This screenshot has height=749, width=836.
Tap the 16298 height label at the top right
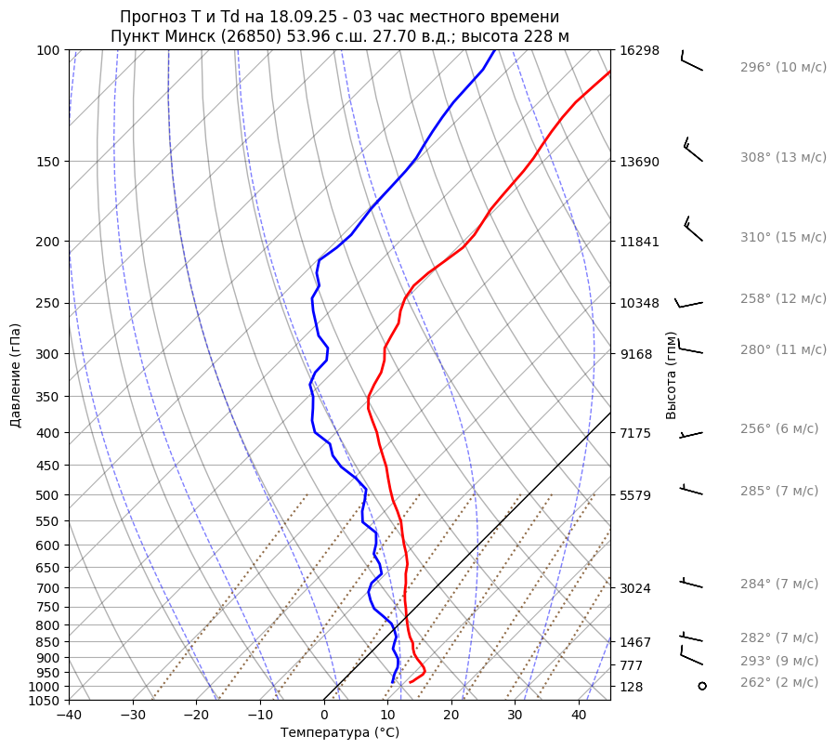tap(639, 50)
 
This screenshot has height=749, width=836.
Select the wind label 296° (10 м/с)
tap(783, 67)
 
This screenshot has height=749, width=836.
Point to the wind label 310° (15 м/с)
tap(783, 237)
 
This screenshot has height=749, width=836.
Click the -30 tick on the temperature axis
tap(133, 715)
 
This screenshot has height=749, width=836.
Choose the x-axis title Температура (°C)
tap(340, 732)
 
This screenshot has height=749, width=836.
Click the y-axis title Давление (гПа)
tap(16, 375)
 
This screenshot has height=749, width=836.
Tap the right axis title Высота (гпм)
tap(672, 375)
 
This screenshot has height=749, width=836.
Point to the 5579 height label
tap(639, 494)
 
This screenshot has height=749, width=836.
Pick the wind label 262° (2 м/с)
tap(779, 682)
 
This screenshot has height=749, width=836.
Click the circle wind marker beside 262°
tap(701, 686)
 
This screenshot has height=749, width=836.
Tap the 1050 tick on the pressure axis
tap(46, 701)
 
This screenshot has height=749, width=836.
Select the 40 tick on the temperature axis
tap(579, 715)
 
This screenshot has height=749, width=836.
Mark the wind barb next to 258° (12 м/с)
tap(689, 302)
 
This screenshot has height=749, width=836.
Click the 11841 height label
tap(639, 242)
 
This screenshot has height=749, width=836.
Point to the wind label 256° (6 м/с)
tap(779, 428)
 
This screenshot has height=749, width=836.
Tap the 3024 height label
tap(639, 588)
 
